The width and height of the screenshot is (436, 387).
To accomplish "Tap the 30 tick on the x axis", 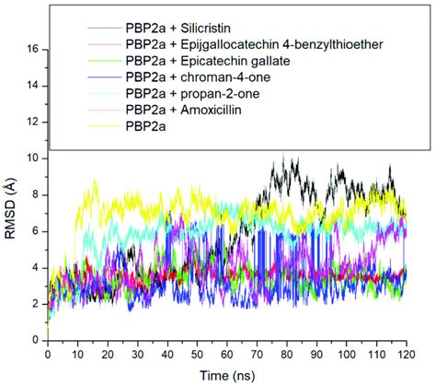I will pyautogui.click(x=136, y=354).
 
